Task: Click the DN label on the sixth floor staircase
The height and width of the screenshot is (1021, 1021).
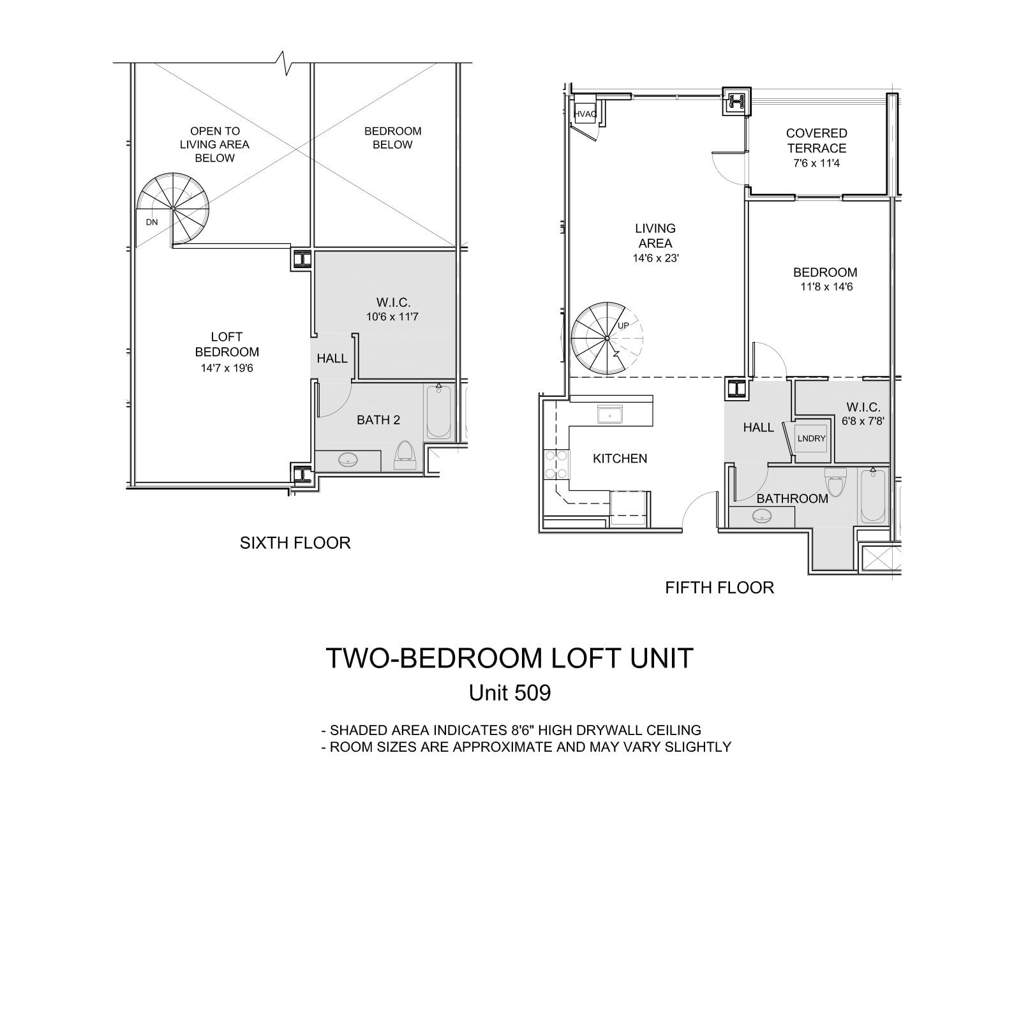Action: tap(151, 222)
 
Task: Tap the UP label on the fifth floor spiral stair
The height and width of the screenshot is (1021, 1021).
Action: tap(623, 325)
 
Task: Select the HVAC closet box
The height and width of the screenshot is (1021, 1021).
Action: tap(585, 114)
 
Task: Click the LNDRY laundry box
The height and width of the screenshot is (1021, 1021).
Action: tap(811, 438)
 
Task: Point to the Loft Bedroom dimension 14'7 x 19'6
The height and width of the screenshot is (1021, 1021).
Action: tap(227, 368)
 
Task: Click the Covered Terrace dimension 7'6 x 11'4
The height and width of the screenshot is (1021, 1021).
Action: tap(816, 163)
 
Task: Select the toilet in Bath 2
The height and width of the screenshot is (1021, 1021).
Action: tap(404, 454)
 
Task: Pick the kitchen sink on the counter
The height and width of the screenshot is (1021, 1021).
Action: tap(610, 415)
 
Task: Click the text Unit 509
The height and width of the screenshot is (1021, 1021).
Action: tap(509, 693)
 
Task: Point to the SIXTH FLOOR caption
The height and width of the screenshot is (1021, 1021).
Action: tap(295, 543)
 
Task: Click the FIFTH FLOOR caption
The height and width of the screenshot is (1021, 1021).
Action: tap(719, 588)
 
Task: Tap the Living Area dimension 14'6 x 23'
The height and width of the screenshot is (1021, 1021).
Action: tap(655, 258)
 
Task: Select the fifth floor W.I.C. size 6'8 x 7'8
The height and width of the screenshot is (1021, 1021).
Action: tap(863, 421)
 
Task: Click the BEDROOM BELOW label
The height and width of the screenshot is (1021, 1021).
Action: tap(392, 138)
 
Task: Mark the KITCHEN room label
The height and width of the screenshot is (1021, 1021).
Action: tap(620, 459)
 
